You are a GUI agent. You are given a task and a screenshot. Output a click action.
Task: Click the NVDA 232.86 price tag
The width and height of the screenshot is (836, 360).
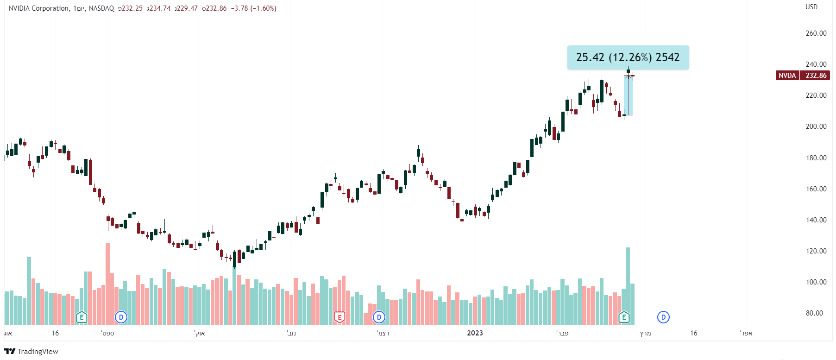[802, 76]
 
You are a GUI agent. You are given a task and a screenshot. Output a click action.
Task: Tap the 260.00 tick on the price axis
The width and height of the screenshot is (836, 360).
[816, 33]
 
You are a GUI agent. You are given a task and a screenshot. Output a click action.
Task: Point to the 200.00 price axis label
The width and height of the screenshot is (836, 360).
[816, 126]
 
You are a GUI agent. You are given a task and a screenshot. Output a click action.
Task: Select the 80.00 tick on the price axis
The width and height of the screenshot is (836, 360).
[814, 313]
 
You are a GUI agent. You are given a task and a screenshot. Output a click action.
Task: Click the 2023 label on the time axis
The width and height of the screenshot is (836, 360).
[475, 333]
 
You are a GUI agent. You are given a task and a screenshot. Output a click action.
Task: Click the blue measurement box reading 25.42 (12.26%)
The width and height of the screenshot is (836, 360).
[628, 57]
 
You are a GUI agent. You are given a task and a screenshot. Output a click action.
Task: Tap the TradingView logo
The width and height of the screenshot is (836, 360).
[31, 351]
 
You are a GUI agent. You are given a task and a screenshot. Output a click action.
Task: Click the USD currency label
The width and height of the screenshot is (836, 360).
[811, 7]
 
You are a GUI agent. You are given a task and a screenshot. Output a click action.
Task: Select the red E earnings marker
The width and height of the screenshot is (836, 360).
[339, 317]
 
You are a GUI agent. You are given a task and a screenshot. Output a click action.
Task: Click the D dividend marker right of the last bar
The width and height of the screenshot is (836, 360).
[663, 317]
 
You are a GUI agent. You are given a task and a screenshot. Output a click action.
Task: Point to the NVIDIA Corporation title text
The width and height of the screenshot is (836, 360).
[39, 8]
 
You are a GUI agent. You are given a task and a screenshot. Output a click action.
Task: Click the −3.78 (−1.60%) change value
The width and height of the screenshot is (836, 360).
[253, 8]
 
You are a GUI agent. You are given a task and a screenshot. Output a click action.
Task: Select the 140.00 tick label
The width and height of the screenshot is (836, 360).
[816, 220]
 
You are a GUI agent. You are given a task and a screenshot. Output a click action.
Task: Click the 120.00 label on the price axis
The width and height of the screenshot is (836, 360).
[816, 251]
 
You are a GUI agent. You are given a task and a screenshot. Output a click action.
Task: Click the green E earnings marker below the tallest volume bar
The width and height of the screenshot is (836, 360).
[624, 317]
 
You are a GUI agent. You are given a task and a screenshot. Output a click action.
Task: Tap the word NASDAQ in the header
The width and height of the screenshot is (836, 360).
[101, 8]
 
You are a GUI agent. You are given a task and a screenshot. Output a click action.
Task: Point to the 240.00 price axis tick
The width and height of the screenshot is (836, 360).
[816, 64]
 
